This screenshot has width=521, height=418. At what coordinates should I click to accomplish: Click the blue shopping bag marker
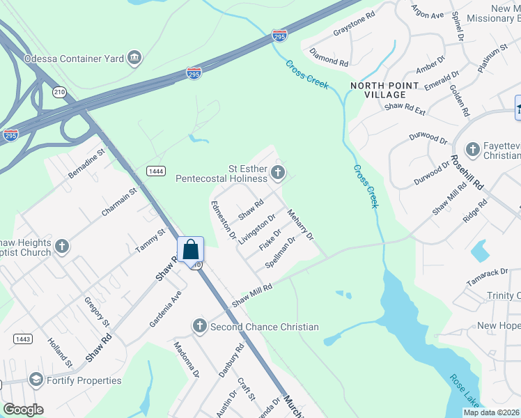coord(191,249)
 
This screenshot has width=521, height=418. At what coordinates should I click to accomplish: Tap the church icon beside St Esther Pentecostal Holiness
coord(278,173)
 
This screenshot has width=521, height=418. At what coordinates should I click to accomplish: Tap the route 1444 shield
coord(155,171)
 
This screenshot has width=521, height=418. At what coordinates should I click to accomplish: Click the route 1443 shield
coord(22,339)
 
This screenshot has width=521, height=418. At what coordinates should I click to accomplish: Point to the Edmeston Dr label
coord(224,219)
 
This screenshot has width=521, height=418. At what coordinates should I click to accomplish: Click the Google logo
coord(23,410)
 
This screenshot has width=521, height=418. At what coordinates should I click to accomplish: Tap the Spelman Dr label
coord(281,253)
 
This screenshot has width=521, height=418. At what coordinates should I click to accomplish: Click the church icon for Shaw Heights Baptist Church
coord(62,247)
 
